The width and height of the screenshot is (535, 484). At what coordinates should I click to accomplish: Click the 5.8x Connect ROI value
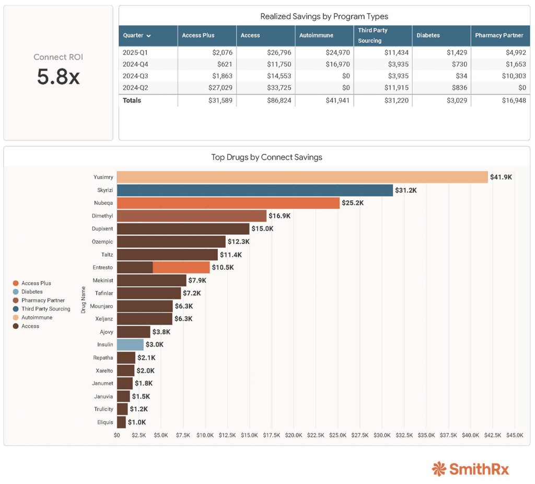pos(58,77)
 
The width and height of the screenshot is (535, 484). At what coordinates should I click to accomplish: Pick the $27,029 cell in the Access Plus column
pos(220,88)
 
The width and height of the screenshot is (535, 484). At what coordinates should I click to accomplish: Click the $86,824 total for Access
pos(278,100)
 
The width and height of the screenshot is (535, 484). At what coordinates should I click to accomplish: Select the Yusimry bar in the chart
pos(302,177)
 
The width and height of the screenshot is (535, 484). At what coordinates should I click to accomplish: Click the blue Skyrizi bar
pos(254,190)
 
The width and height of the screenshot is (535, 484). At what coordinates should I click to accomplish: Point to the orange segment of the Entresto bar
pos(181,267)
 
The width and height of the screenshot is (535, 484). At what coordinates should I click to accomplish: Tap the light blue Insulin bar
pos(130,344)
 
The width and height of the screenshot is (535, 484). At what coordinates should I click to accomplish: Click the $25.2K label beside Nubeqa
pos(353,203)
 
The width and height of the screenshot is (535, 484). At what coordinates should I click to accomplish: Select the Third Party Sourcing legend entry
pos(45,309)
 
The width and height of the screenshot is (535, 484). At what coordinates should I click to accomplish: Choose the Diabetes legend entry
pos(32,292)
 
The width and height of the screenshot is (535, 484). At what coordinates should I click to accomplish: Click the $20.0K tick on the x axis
pos(294,435)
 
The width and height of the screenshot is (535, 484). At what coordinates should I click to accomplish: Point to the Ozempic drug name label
pos(102,241)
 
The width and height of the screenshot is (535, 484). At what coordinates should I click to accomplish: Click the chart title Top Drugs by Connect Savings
pos(266,157)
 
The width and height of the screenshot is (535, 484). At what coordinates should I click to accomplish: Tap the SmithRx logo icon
pos(439,469)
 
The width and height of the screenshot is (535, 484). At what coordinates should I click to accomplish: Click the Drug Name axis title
pos(83,299)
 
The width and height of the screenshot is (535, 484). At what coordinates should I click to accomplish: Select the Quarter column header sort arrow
pos(149,36)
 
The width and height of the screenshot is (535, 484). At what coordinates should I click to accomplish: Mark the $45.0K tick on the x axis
pos(515,435)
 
